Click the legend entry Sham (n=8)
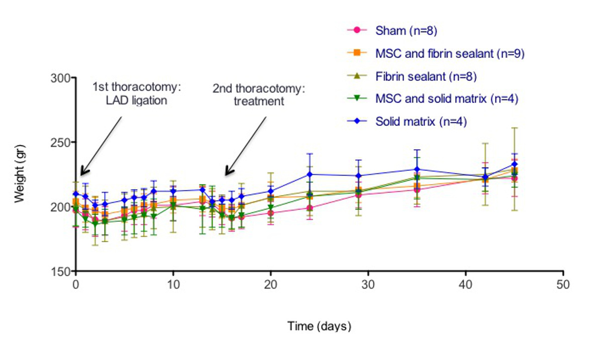407,31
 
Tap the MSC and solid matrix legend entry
447,99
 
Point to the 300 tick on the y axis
62,78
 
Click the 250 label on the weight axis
62,142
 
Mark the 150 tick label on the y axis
62,271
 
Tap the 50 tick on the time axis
563,285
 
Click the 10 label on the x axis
173,285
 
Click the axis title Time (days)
319,326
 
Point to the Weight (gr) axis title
20,173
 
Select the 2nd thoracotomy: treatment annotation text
259,95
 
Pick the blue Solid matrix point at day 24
310,174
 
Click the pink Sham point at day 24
310,208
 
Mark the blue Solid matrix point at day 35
417,169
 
